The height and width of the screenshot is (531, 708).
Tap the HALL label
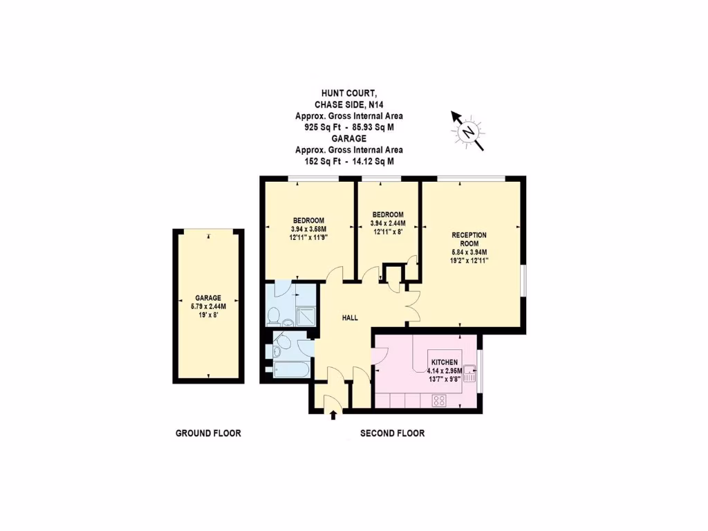(x=351, y=318)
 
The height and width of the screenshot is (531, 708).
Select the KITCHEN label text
(x=445, y=362)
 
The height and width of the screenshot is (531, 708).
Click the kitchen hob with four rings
(x=439, y=400)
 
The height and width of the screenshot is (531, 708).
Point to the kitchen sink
(x=470, y=374)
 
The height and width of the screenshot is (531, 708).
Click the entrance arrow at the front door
(x=334, y=414)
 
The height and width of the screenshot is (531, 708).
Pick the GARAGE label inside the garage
(x=207, y=298)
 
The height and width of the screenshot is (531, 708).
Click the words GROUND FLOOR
(x=208, y=434)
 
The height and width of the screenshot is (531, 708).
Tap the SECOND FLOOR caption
(x=392, y=434)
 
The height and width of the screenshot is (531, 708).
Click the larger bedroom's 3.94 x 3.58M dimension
(x=308, y=229)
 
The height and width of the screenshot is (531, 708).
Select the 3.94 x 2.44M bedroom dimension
(x=388, y=223)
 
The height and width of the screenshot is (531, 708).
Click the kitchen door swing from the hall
(x=380, y=355)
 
